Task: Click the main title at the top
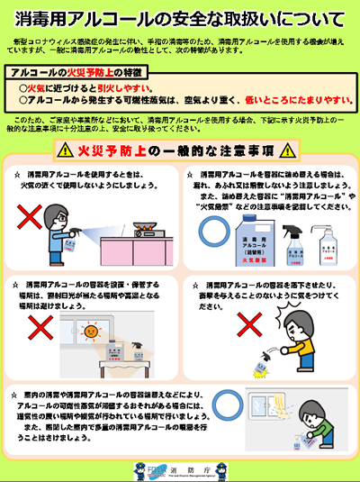(x=180, y=19)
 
